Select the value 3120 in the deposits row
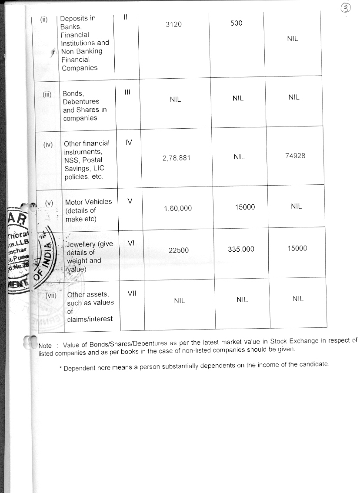tap(173, 24)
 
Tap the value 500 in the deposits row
tap(236, 23)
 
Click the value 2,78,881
tap(177, 159)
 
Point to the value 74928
tap(295, 156)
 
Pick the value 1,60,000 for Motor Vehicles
tap(178, 209)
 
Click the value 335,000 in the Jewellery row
tap(241, 249)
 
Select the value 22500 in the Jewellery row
tap(178, 250)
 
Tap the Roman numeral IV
tap(129, 142)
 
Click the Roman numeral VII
tap(132, 293)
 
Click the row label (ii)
tap(44, 20)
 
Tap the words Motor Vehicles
tap(88, 202)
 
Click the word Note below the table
tap(45, 346)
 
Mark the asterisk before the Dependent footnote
tap(60, 369)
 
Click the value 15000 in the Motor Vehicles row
tap(245, 207)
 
